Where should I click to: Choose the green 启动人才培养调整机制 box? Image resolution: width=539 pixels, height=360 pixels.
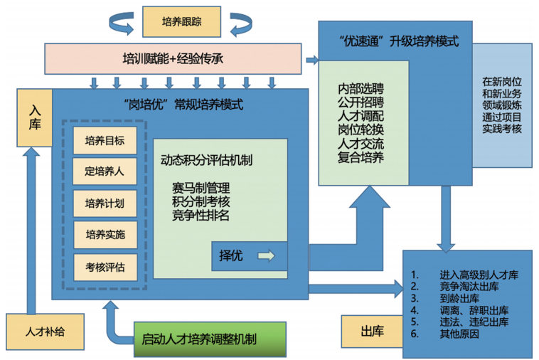pyautogui.click(x=209, y=339)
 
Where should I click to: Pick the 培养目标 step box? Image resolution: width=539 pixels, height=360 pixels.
pyautogui.click(x=105, y=140)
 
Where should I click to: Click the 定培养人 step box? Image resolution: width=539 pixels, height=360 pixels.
pyautogui.click(x=105, y=171)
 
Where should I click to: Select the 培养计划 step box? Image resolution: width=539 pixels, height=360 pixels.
pyautogui.click(x=105, y=203)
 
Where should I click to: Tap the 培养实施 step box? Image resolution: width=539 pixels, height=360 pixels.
pyautogui.click(x=105, y=235)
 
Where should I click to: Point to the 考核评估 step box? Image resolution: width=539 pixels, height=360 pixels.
pyautogui.click(x=105, y=267)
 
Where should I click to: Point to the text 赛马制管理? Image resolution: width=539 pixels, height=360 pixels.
pyautogui.click(x=201, y=189)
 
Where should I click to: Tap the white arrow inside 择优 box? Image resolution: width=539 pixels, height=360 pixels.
pyautogui.click(x=266, y=255)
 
